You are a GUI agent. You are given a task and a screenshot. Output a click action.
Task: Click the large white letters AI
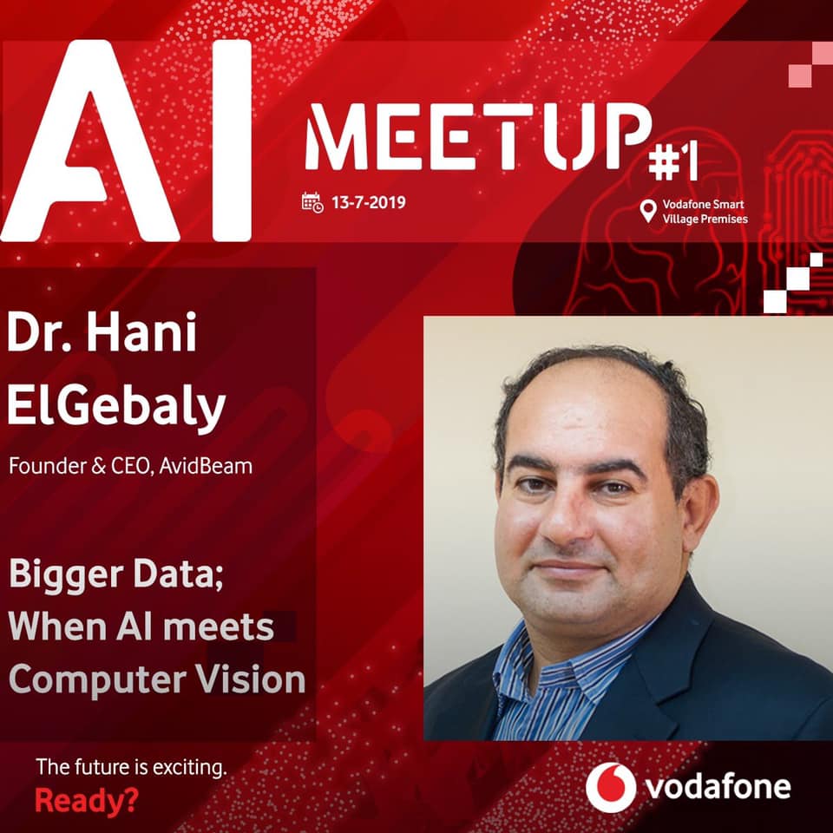pyautogui.click(x=126, y=141)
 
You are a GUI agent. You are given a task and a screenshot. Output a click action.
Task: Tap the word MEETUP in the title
pyautogui.click(x=478, y=137)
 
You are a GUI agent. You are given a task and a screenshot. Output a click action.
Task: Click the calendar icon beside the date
pyautogui.click(x=312, y=202)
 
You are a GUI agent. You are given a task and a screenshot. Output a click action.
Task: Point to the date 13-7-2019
pyautogui.click(x=368, y=202)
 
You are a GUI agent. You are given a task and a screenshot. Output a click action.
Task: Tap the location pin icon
pyautogui.click(x=647, y=211)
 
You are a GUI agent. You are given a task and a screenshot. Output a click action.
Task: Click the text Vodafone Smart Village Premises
pyautogui.click(x=705, y=212)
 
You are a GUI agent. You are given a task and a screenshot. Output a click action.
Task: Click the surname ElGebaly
pyautogui.click(x=116, y=406)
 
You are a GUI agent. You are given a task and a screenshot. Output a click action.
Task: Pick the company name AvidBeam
pyautogui.click(x=206, y=466)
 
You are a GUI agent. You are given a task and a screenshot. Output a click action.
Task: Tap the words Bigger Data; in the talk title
pyautogui.click(x=115, y=576)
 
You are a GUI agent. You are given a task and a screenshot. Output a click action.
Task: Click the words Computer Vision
pyautogui.click(x=157, y=680)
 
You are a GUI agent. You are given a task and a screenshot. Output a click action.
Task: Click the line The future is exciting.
pyautogui.click(x=131, y=768)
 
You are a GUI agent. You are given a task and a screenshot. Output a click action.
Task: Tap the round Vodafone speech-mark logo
pyautogui.click(x=611, y=787)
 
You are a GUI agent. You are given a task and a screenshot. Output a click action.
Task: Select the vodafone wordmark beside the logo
pyautogui.click(x=718, y=787)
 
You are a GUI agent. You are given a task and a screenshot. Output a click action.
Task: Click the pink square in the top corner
pyautogui.click(x=800, y=75)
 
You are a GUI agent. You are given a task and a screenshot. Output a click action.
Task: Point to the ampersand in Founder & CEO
pyautogui.click(x=98, y=467)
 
